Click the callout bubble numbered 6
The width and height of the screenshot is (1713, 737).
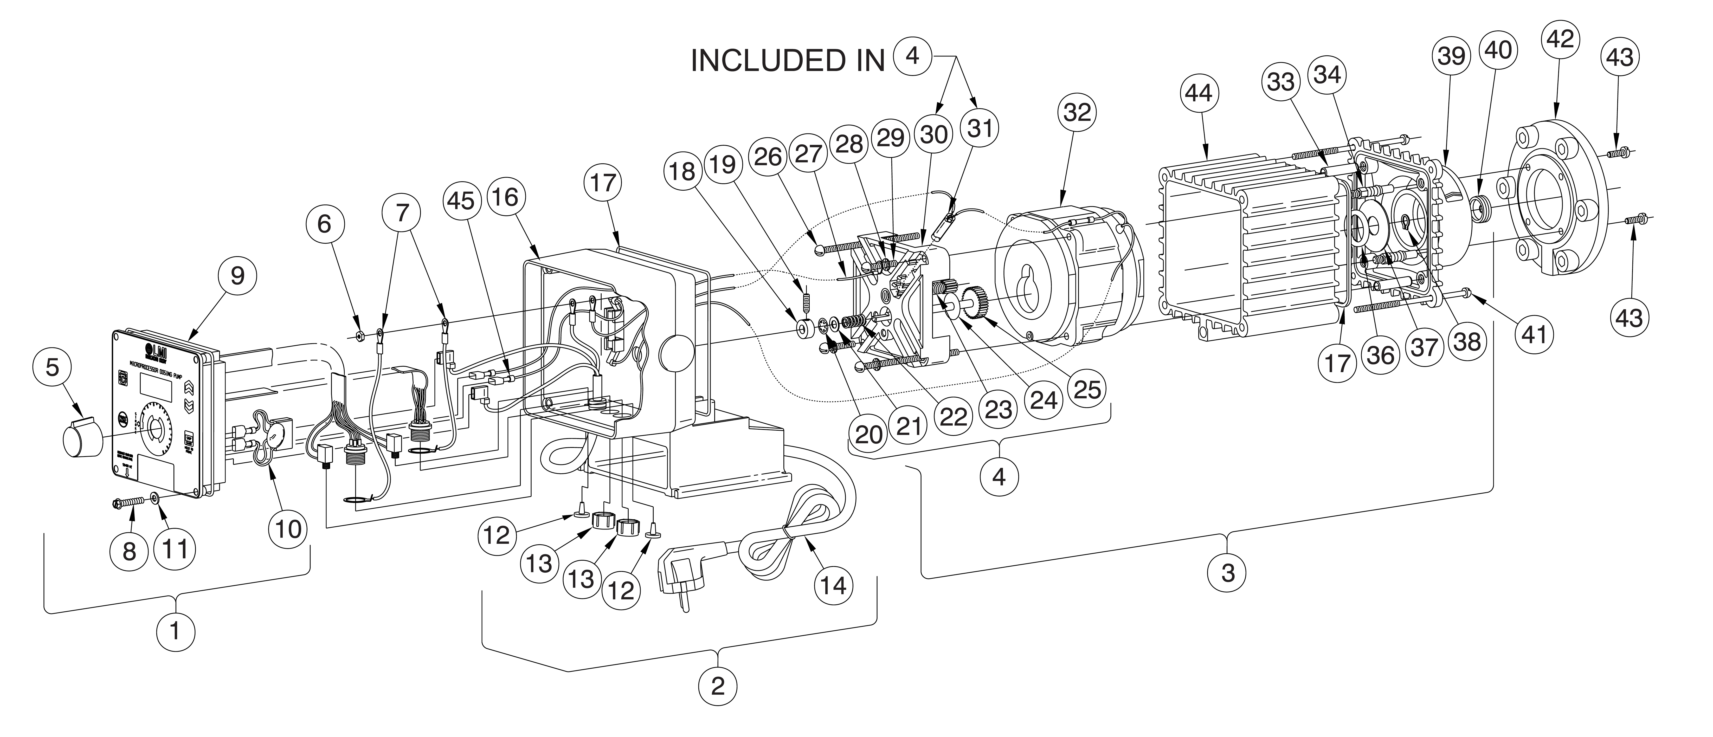324,224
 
